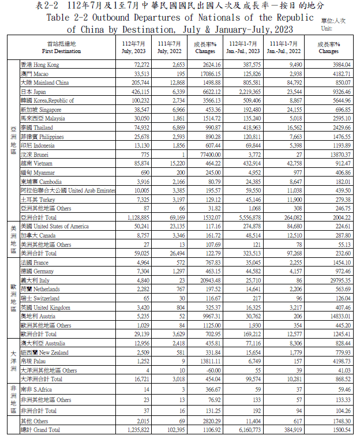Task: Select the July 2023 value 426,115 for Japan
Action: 138,92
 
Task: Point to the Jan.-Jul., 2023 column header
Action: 244,47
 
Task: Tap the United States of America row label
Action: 54,227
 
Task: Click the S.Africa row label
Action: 40,391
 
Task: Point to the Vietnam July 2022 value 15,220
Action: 175,164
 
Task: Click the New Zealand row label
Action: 44,352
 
